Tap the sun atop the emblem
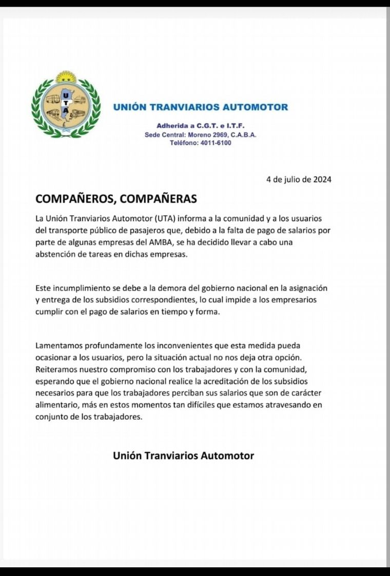[x=66, y=77]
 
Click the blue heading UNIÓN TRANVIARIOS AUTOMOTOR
[x=201, y=107]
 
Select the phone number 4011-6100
[x=216, y=143]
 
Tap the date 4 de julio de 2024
[x=299, y=179]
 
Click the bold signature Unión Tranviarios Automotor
[x=183, y=455]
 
